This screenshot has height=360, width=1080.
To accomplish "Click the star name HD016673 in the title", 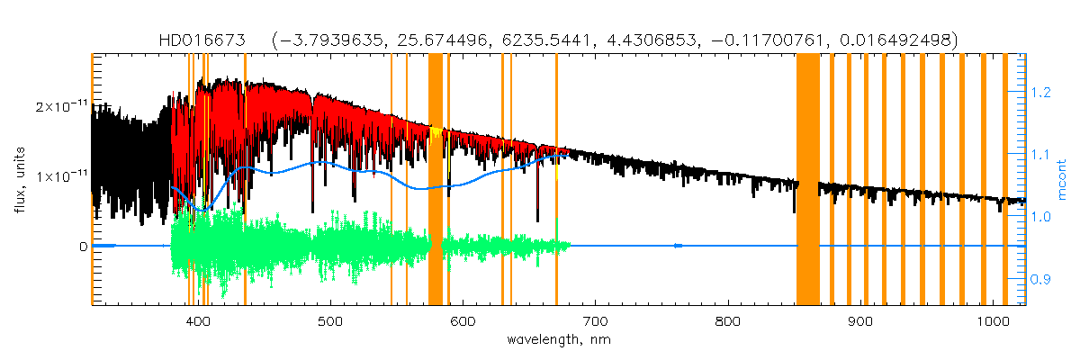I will [x=201, y=40].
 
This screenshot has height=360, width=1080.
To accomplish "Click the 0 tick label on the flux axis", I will [x=82, y=246].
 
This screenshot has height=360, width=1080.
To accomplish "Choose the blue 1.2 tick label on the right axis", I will [x=1040, y=92].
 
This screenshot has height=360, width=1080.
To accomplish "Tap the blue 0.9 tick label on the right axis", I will [x=1040, y=280].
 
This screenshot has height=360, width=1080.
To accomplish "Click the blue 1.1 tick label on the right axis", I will [x=1040, y=155].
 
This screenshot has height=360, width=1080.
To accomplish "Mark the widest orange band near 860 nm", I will [x=807, y=180].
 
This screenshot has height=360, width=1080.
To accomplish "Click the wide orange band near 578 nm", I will [x=435, y=180].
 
